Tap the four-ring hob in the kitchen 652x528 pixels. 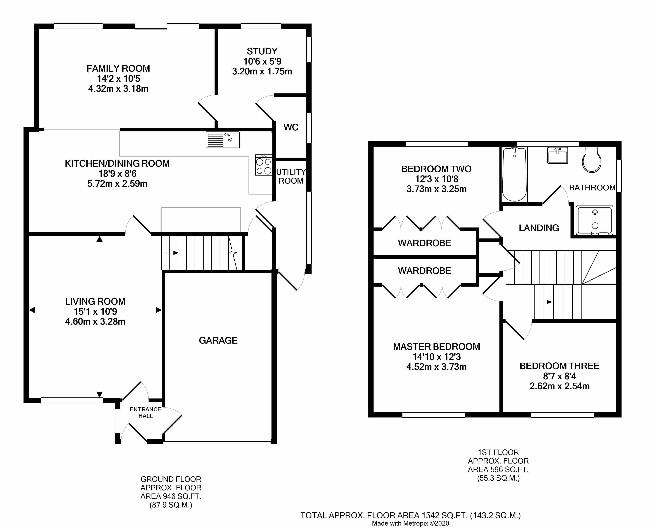coord(263,165)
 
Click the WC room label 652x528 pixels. coord(291,127)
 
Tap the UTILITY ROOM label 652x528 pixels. coord(291,176)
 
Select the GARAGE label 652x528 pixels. coord(218,340)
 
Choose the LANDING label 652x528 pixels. coord(539,228)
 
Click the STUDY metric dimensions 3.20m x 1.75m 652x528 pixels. coord(262,71)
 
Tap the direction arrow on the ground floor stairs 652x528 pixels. coord(171,253)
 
